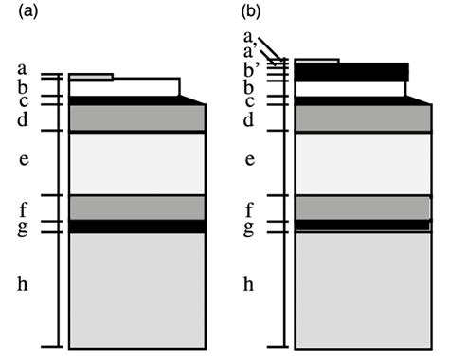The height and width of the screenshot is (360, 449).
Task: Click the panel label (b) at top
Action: point(250,12)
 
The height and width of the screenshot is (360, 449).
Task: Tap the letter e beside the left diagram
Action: point(24,159)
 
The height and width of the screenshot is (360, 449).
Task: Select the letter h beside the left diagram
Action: point(24,282)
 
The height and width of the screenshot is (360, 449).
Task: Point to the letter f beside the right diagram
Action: point(249,209)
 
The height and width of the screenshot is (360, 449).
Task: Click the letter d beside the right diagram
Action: point(249,119)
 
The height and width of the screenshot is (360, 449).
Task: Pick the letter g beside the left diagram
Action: point(24,228)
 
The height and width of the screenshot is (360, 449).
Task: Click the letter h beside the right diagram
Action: point(249,282)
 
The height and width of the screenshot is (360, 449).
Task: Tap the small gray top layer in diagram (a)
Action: point(91,77)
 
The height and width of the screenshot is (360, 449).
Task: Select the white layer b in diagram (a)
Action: point(123,87)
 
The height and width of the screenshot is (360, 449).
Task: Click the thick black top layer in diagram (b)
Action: point(351,71)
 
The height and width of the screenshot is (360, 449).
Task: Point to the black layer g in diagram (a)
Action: point(136,226)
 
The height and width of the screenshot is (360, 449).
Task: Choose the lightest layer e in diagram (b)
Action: point(361,163)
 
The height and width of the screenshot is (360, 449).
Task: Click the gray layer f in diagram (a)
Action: point(136,207)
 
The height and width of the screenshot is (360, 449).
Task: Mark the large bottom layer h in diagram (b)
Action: point(361,289)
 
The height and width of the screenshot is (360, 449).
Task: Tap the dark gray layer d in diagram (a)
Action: point(136,118)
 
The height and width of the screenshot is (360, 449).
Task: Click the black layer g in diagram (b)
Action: point(361,225)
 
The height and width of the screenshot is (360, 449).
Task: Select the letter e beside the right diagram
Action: point(249,159)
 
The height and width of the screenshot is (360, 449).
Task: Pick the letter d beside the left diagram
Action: point(24,119)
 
